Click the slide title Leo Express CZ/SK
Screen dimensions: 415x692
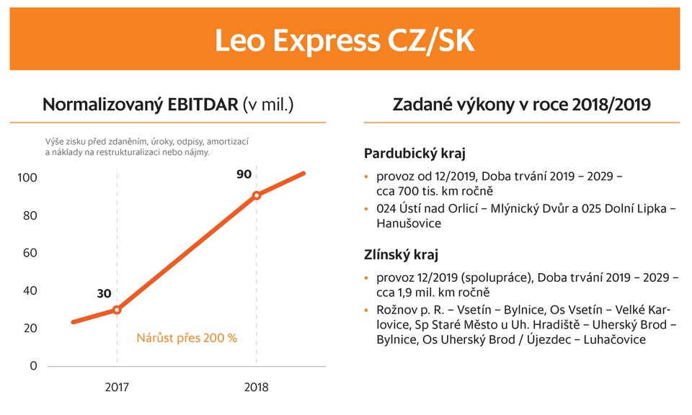pyautogui.click(x=345, y=40)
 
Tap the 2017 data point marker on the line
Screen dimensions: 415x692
pyautogui.click(x=117, y=310)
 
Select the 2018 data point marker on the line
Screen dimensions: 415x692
pyautogui.click(x=257, y=195)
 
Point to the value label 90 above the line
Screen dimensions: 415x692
pyautogui.click(x=244, y=174)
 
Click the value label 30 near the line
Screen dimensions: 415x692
pyautogui.click(x=104, y=293)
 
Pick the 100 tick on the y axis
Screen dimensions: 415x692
pyautogui.click(x=27, y=178)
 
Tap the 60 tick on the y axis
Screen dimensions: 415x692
pyautogui.click(x=30, y=253)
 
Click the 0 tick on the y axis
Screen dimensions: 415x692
pyautogui.click(x=33, y=365)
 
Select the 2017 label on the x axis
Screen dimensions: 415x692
pyautogui.click(x=117, y=387)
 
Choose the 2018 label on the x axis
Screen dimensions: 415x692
pyautogui.click(x=256, y=387)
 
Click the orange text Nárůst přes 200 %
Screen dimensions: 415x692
pyautogui.click(x=187, y=337)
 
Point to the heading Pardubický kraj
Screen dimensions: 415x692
pyautogui.click(x=414, y=153)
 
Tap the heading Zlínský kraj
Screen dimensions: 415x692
pyautogui.click(x=402, y=255)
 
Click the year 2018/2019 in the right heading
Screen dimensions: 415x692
pyautogui.click(x=611, y=104)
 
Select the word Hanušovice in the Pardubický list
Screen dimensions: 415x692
pyautogui.click(x=409, y=223)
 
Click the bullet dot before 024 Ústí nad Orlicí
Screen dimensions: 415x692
pyautogui.click(x=367, y=209)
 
